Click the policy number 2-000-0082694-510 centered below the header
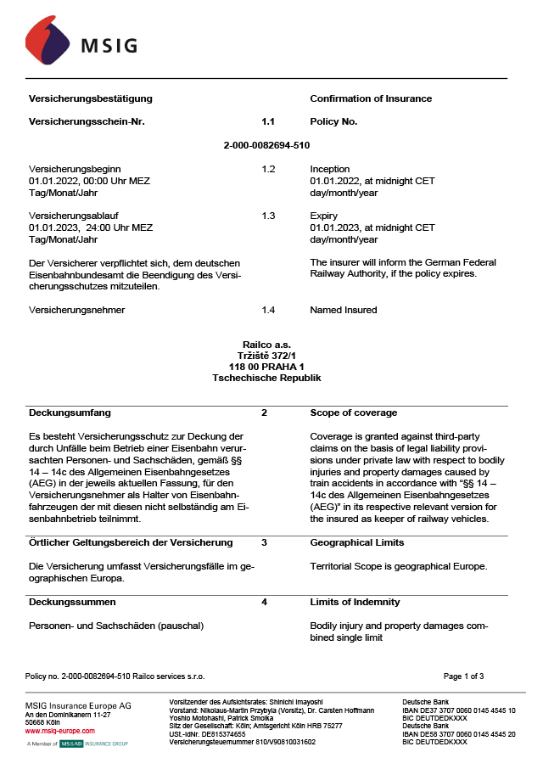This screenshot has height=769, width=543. (x=266, y=145)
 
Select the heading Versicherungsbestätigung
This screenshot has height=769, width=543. (x=91, y=98)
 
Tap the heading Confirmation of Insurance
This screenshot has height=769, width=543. (x=371, y=98)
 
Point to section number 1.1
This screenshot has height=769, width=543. (x=268, y=121)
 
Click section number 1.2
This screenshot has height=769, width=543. (x=268, y=169)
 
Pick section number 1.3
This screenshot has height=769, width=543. (x=268, y=216)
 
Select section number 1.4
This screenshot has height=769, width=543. (x=268, y=310)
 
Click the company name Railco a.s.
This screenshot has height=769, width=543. (x=266, y=345)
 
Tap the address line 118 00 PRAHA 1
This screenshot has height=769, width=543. (x=266, y=367)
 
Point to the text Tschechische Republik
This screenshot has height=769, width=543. (x=266, y=378)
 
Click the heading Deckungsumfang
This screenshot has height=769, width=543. (x=70, y=413)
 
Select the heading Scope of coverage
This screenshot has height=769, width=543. (x=354, y=413)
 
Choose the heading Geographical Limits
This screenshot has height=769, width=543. (x=356, y=542)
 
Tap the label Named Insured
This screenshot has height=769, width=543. (x=344, y=310)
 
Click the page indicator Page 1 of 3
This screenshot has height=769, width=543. (x=463, y=676)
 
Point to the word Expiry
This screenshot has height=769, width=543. (x=324, y=216)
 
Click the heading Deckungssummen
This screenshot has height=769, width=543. (x=72, y=602)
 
